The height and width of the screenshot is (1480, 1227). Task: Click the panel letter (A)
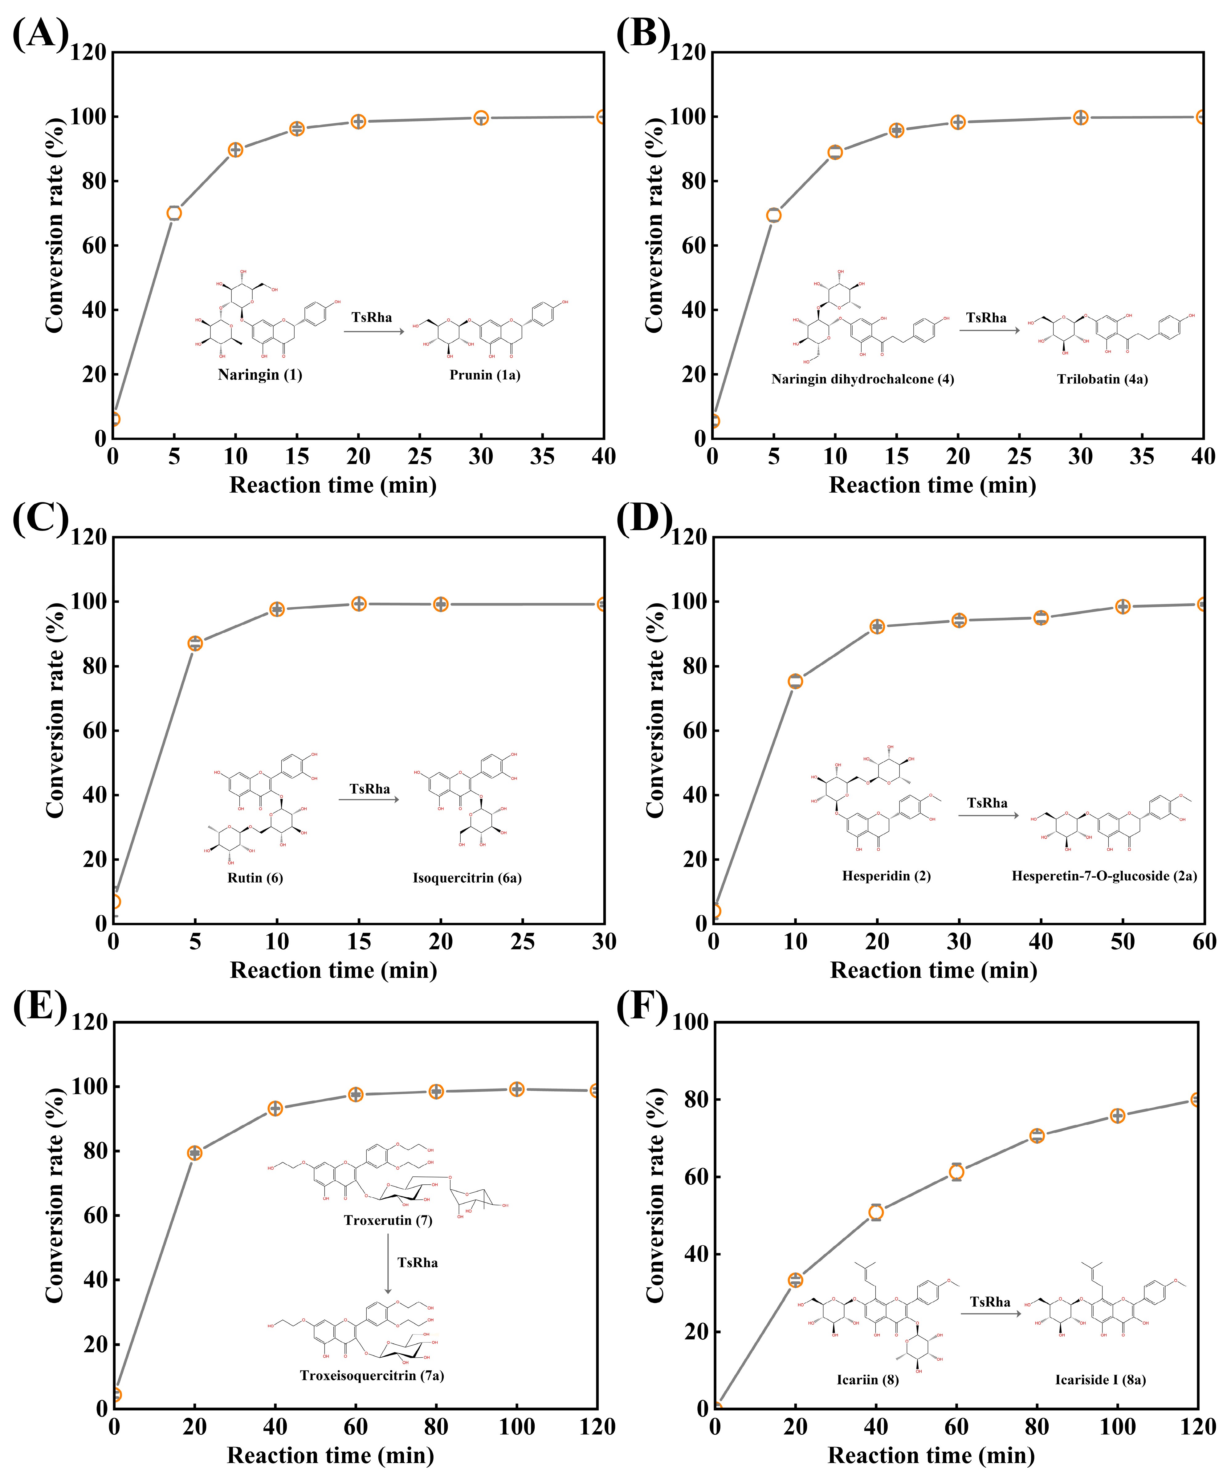coord(40,33)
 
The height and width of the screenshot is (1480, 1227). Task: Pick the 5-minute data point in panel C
coord(195,643)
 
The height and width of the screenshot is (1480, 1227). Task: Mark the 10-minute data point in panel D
coord(795,681)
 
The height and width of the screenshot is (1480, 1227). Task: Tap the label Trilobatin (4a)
coord(1102,379)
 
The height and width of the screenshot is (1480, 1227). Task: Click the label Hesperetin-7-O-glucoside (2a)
coord(1104,876)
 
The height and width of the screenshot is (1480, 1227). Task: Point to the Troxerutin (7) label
coord(387,1220)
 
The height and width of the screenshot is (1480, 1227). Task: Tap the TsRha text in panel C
coord(370,789)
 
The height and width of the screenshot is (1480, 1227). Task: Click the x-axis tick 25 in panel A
coord(420,457)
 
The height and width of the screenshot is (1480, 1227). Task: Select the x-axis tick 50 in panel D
coord(1123,941)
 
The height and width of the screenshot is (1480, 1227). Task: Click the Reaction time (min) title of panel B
coord(933,485)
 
